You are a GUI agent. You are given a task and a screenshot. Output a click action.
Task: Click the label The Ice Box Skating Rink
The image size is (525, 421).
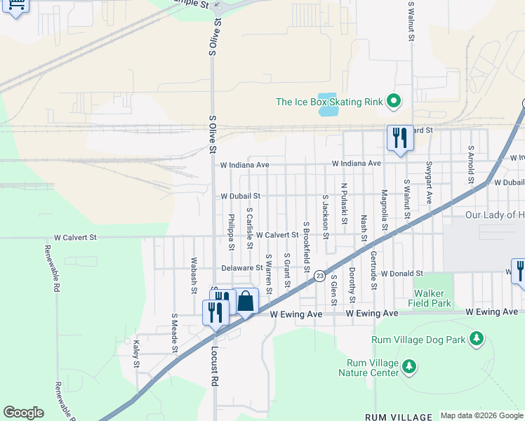coord(329,102)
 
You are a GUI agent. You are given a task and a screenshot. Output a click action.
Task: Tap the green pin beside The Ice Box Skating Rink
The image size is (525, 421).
coord(394,102)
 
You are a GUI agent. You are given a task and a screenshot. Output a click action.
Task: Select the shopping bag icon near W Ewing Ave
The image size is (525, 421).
coord(246,301)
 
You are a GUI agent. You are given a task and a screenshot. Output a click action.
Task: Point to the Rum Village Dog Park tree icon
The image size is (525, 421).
coord(477,340)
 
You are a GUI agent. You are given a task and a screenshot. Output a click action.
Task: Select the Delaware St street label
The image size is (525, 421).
coord(241,267)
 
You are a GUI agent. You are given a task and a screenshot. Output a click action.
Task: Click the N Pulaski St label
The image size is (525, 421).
coord(344,204)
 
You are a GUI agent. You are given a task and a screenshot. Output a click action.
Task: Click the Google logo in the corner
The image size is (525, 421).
coord(23,413)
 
